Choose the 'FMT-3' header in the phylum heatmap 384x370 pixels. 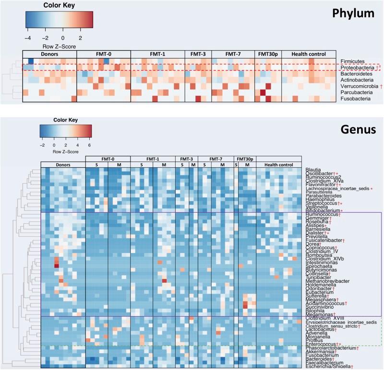click(x=198, y=53)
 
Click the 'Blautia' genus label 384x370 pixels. click(x=313, y=170)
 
